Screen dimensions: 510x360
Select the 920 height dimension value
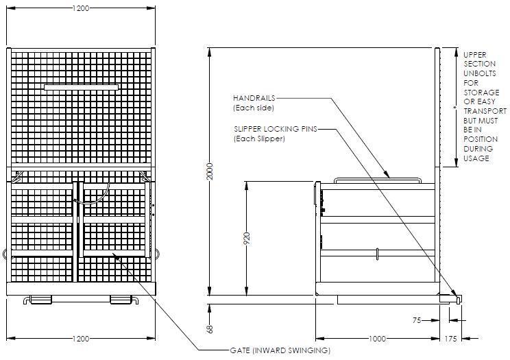(x=247, y=238)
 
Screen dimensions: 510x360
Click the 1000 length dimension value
(x=376, y=339)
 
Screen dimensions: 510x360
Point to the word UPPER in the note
(x=475, y=53)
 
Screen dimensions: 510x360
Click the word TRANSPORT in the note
(x=485, y=110)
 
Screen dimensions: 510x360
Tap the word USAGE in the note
(x=476, y=158)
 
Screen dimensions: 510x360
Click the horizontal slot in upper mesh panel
(x=81, y=87)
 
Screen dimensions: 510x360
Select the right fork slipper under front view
(x=122, y=300)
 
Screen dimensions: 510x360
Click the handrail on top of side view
(x=376, y=179)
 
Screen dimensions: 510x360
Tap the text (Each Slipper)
(x=259, y=139)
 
